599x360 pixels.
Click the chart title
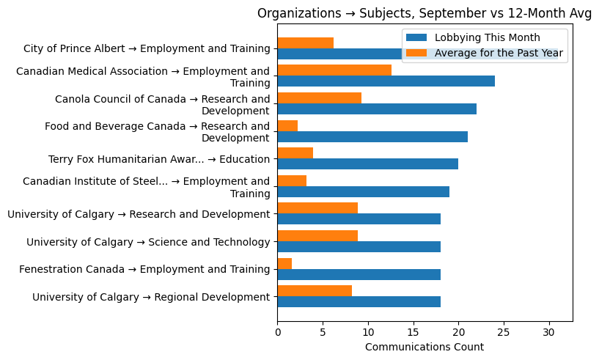(425, 14)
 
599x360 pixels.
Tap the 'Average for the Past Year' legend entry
(499, 53)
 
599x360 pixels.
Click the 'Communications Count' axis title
(425, 347)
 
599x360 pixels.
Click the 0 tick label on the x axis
(277, 332)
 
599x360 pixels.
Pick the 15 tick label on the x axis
(414, 332)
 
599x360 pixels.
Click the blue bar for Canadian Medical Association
(386, 81)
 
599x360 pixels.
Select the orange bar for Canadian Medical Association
(334, 70)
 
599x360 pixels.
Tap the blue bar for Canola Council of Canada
(377, 109)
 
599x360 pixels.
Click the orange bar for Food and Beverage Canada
(287, 125)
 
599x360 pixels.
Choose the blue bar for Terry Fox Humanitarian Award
(367, 164)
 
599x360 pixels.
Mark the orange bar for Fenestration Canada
(284, 263)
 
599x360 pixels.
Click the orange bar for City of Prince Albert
(305, 43)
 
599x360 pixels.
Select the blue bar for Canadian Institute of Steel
(363, 191)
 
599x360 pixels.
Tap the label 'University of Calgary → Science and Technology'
(148, 242)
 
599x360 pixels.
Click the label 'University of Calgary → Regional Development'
(151, 297)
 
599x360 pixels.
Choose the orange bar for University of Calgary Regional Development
(315, 291)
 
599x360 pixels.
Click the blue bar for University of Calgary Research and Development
(359, 219)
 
